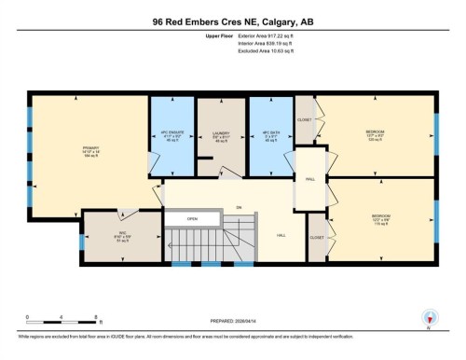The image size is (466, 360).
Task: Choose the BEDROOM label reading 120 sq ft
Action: [377, 136]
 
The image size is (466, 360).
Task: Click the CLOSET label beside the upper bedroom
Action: [305, 120]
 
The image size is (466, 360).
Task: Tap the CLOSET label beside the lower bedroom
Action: [316, 238]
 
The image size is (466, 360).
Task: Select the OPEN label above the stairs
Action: [192, 219]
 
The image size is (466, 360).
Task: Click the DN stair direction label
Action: [239, 206]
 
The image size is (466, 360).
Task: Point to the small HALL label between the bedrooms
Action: [305, 180]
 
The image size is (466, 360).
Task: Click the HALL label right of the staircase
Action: [280, 236]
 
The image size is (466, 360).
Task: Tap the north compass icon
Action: [430, 317]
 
